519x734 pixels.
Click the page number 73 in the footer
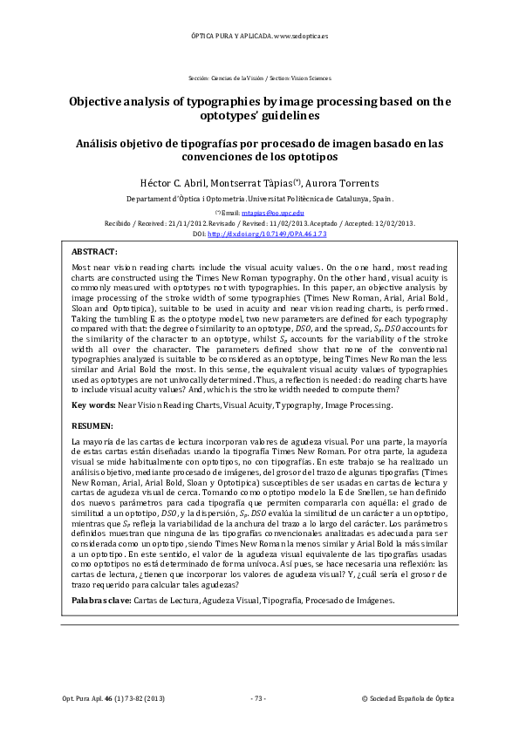[x=258, y=699]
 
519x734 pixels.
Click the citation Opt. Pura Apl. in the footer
[x=77, y=699]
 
